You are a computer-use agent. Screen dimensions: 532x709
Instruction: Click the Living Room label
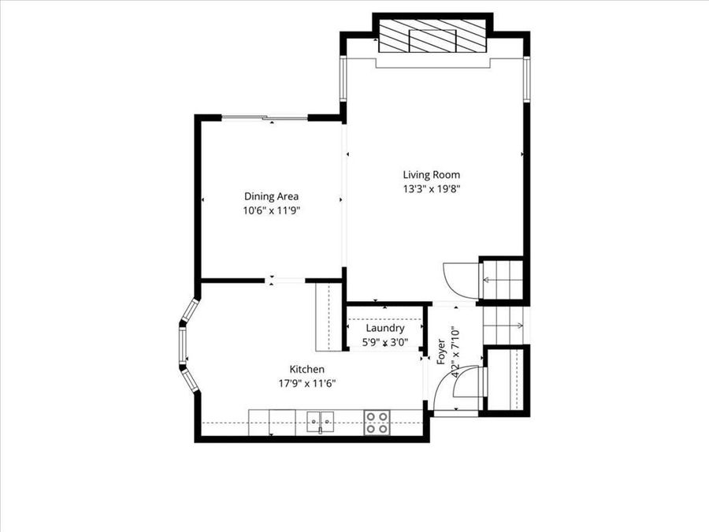tap(431, 175)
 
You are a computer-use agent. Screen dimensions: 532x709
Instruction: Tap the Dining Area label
tap(271, 197)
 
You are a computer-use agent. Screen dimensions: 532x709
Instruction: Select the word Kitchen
tap(307, 369)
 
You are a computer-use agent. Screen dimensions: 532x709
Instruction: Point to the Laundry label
tap(385, 328)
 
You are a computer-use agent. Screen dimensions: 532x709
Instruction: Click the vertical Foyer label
tap(441, 351)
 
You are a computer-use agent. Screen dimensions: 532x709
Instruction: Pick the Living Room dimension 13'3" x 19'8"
tap(431, 188)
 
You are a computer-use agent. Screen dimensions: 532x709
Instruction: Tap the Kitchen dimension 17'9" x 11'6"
tap(307, 383)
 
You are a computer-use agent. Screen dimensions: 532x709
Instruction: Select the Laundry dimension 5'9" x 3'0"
tap(385, 342)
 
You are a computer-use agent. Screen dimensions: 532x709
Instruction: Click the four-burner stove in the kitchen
tap(377, 422)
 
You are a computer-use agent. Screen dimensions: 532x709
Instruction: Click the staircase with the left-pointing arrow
tap(500, 278)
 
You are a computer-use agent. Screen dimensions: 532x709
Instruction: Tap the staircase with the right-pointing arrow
tap(502, 324)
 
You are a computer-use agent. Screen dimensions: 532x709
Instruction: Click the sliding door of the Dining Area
tap(264, 118)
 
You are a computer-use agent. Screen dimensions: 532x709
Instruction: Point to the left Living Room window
tap(343, 79)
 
